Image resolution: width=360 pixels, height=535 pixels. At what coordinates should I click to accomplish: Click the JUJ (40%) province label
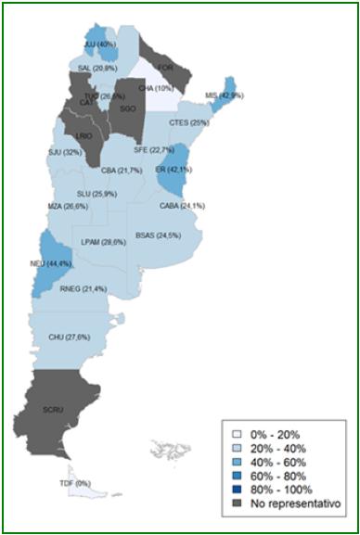[x=100, y=44]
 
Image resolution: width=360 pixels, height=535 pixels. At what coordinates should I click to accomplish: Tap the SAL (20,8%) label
[x=97, y=69]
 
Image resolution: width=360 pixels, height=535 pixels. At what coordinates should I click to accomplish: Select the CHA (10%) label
[x=157, y=88]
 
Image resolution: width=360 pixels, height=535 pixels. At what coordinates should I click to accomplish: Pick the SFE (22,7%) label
[x=154, y=149]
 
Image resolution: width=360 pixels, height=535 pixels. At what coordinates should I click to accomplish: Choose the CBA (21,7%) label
[x=122, y=171]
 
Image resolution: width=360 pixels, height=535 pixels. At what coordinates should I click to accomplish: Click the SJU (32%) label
[x=65, y=152]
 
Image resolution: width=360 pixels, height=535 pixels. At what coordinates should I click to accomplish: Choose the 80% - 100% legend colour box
[x=238, y=489]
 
